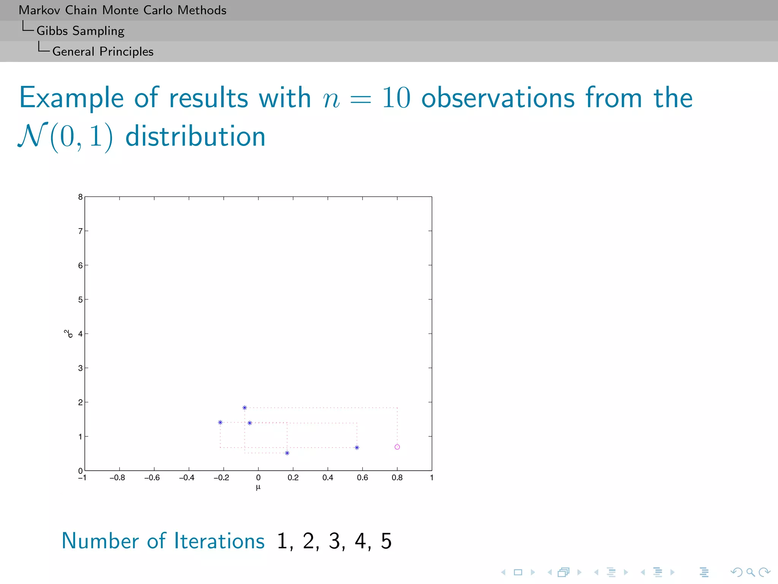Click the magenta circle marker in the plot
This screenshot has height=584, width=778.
click(x=397, y=447)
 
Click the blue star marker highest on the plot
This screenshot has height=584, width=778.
click(x=245, y=408)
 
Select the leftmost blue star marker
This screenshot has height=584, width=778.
click(x=220, y=422)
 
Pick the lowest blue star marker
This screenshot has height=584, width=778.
click(x=287, y=453)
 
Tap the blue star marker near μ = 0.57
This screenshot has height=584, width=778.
click(x=357, y=448)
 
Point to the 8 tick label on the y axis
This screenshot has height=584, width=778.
click(x=80, y=197)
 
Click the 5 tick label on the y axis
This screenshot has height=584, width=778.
click(x=80, y=300)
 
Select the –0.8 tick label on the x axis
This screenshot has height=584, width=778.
click(x=117, y=478)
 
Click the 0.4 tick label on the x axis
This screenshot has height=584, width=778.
click(x=327, y=478)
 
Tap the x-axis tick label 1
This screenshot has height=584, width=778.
click(x=432, y=478)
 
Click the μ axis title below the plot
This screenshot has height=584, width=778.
click(x=258, y=487)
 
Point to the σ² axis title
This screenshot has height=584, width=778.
click(x=68, y=333)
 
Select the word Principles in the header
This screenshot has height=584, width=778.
click(x=127, y=51)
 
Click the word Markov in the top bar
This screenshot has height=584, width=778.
click(x=40, y=10)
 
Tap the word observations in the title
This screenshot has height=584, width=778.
click(x=498, y=98)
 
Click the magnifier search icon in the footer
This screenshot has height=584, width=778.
click(x=750, y=572)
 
